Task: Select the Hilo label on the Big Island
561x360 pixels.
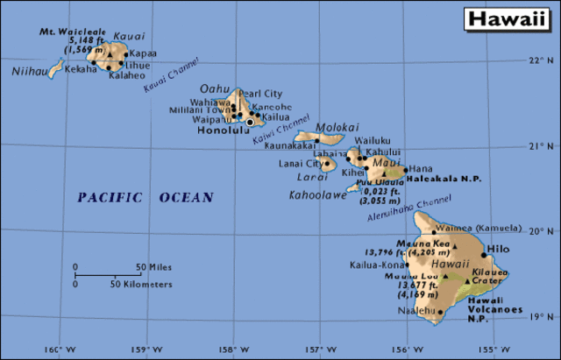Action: point(497,250)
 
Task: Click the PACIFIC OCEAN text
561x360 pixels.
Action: point(145,197)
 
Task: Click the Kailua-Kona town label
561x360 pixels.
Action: point(377,264)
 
